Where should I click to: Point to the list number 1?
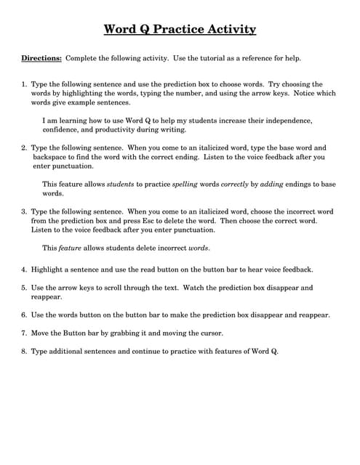click(x=23, y=84)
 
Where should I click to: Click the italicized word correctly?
click(x=240, y=185)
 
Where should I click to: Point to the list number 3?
click(x=23, y=211)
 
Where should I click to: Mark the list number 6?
click(x=23, y=315)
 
